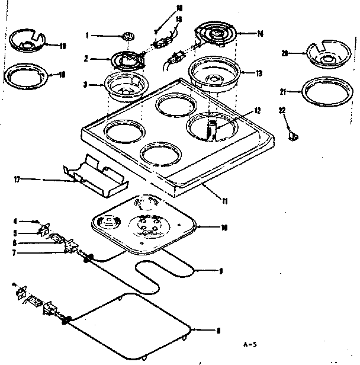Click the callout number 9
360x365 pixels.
pos(220,271)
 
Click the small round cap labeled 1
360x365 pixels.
pos(126,37)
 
